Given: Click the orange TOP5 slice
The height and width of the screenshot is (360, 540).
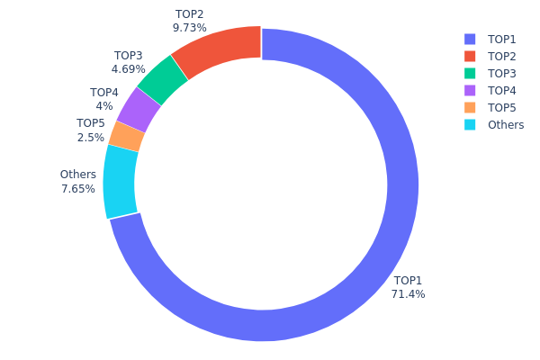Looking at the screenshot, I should coord(127,136).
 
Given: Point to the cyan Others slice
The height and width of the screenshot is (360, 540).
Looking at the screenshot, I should coord(120,180).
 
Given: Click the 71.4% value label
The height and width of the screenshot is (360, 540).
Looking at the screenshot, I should coord(408,294).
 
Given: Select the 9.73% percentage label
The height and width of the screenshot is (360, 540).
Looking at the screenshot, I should coord(189,28).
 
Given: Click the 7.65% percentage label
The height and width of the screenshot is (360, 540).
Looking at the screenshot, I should coord(77,189).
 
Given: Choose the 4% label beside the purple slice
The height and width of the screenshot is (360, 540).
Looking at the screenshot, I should coord(104,106).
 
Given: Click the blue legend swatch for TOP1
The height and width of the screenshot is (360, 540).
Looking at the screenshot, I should coord(470,39).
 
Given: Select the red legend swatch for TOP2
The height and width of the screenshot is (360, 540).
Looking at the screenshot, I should coord(470,56).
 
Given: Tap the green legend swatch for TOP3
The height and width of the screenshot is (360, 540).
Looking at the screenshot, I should coord(470,73).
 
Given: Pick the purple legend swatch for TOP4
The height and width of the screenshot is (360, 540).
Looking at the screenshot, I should coord(470,90).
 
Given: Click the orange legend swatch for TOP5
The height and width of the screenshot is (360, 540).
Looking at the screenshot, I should coord(470,107).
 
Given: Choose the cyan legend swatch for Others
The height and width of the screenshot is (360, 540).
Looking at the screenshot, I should coord(470,124).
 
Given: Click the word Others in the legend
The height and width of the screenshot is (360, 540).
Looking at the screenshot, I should coord(506,124).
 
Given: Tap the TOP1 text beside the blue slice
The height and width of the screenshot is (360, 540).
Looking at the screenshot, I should coord(408,280).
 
